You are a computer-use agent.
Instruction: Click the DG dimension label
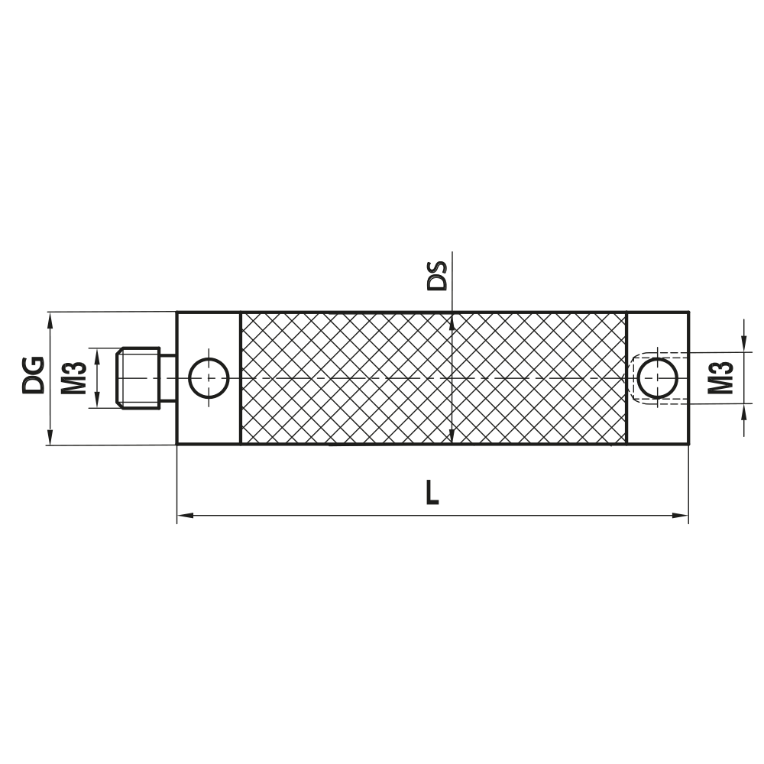[x=34, y=374]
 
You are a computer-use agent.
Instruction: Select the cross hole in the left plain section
[x=209, y=377]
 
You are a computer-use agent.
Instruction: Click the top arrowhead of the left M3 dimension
[x=96, y=353]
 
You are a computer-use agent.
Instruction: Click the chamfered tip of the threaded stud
[x=118, y=377]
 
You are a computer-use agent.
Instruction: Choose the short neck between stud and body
[x=168, y=377]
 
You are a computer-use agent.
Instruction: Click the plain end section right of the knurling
[x=657, y=336]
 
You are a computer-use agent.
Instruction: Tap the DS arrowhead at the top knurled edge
[x=453, y=319]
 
